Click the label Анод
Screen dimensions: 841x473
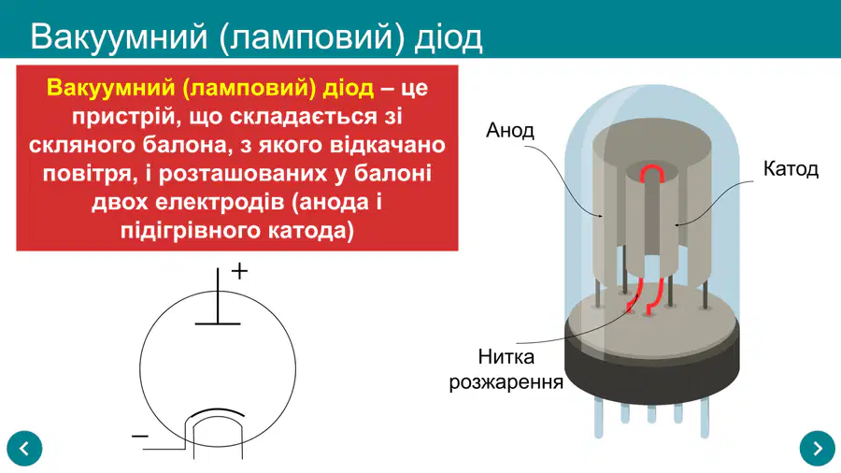tap(509, 130)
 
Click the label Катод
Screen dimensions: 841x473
tap(791, 169)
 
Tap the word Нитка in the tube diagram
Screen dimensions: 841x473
tap(506, 357)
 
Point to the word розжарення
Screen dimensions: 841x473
tap(506, 382)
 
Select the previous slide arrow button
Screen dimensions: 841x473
tap(24, 449)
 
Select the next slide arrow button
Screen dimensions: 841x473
tap(817, 449)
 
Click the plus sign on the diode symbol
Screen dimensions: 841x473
tap(239, 271)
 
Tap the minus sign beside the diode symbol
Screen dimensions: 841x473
tap(140, 436)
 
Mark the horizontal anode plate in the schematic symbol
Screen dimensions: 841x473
tap(218, 324)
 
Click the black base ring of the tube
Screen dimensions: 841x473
tap(651, 370)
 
